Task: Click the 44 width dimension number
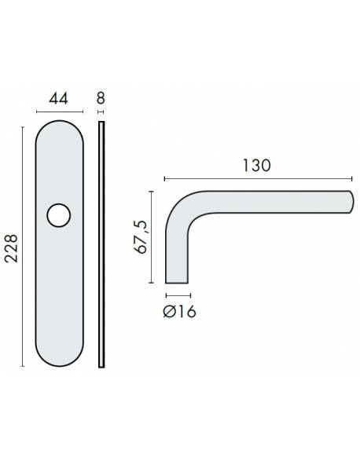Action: (x=57, y=99)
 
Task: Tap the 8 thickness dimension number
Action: (x=101, y=99)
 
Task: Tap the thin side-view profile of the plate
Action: (x=101, y=244)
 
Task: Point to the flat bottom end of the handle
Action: (x=177, y=282)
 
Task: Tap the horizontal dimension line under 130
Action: (x=257, y=177)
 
